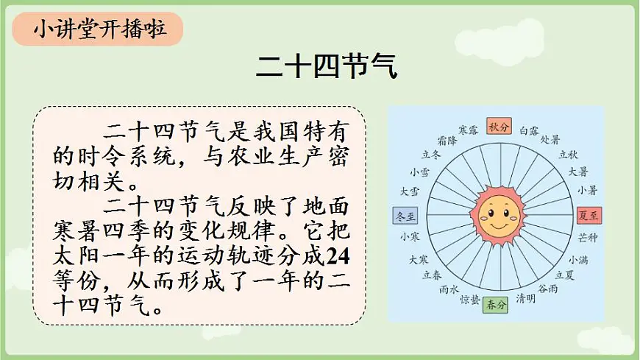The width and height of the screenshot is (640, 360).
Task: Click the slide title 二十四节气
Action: (x=327, y=67)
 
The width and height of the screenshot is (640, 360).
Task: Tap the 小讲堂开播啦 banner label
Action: (x=99, y=31)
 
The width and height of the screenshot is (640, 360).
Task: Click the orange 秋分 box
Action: (x=498, y=127)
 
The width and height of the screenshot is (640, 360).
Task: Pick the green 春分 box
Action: (x=494, y=304)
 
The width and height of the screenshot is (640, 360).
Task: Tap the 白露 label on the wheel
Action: (x=529, y=130)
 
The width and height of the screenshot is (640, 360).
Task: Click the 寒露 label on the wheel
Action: (x=468, y=130)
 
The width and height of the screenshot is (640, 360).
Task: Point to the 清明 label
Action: (x=525, y=298)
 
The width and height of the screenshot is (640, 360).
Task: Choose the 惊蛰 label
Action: (x=469, y=300)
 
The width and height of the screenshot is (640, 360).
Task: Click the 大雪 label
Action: (x=410, y=191)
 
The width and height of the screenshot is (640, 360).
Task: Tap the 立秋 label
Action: (x=568, y=155)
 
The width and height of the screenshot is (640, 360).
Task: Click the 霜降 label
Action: (x=447, y=139)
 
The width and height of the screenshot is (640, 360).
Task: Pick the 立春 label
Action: (x=432, y=275)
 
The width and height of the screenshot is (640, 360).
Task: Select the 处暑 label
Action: (x=550, y=139)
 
